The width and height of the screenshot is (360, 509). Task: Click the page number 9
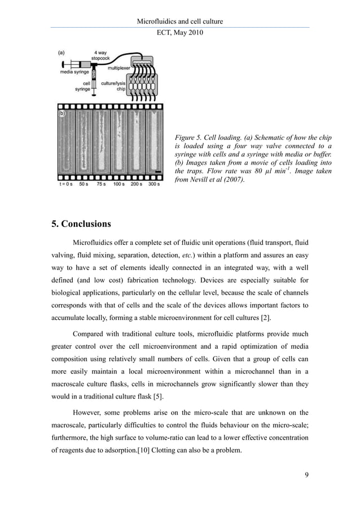coord(306,474)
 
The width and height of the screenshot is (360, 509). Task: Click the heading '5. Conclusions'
coord(81,223)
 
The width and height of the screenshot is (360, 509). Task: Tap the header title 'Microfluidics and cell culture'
coord(180,21)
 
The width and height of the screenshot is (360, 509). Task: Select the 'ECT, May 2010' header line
coord(180,33)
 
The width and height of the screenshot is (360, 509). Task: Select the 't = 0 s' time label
coord(67,184)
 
